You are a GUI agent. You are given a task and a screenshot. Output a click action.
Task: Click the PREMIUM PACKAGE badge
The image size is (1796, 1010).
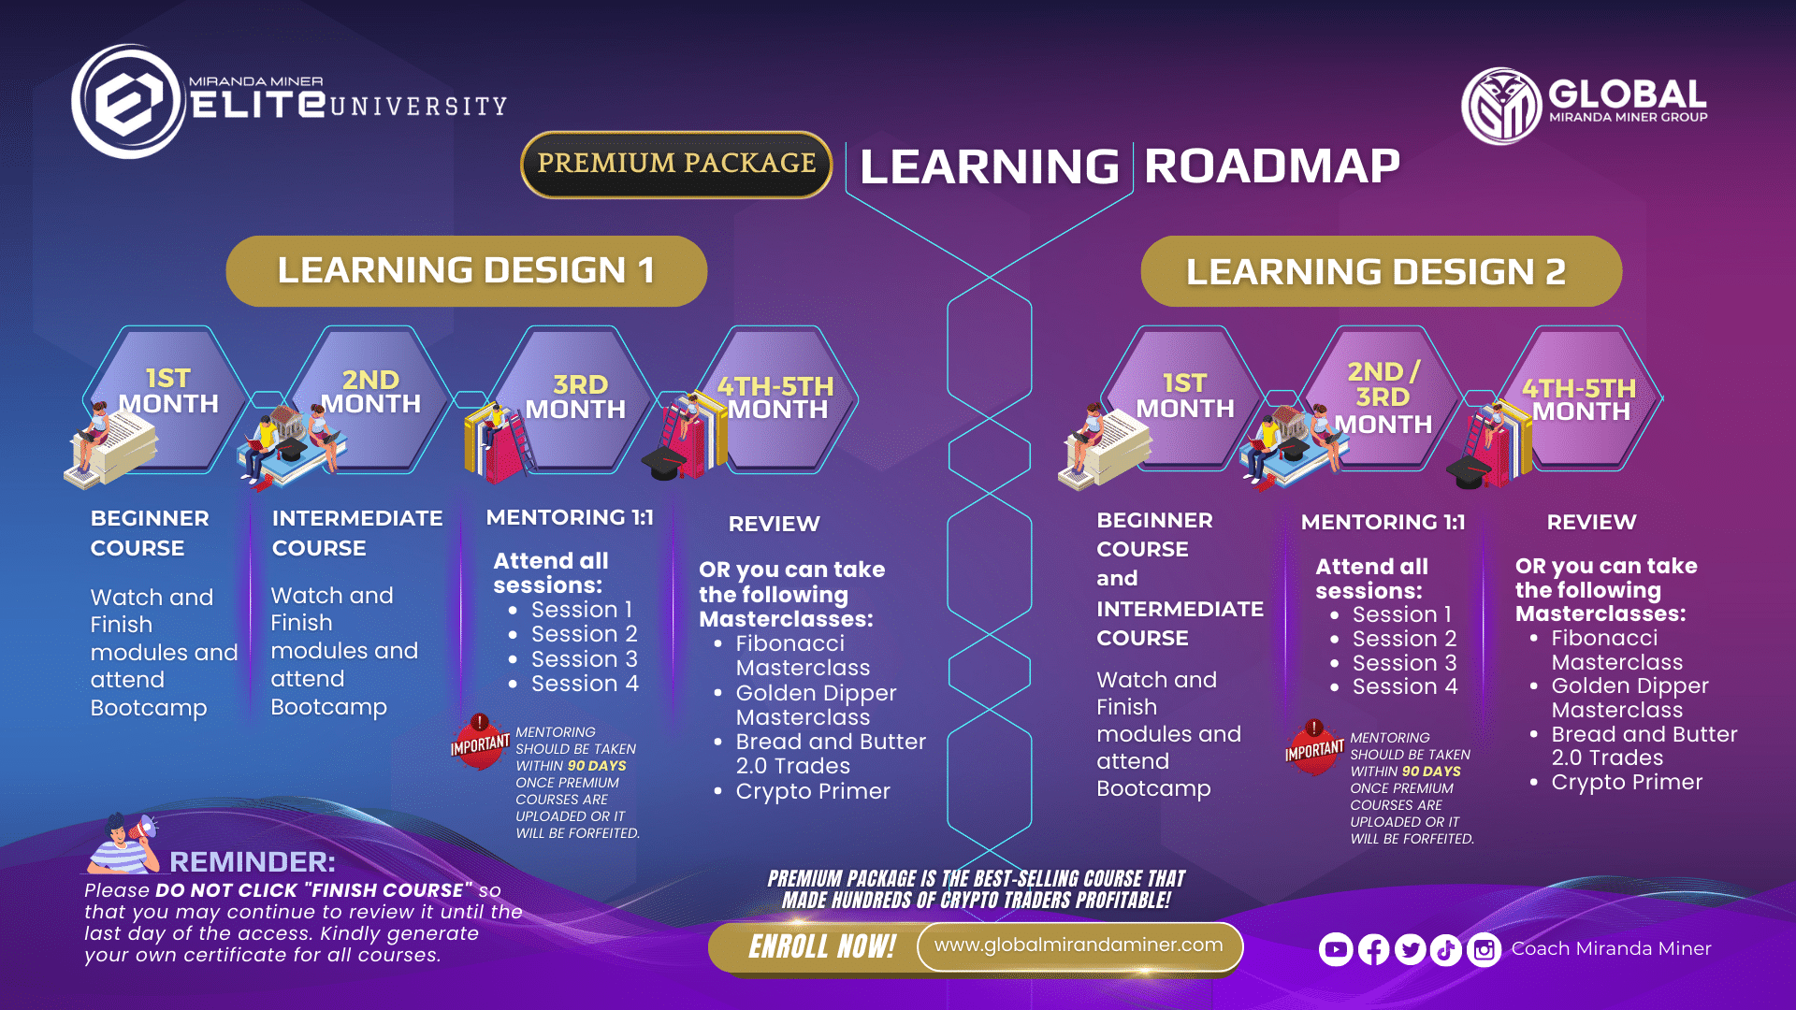click(x=676, y=165)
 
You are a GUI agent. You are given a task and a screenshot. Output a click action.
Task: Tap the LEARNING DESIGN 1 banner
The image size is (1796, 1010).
click(x=466, y=271)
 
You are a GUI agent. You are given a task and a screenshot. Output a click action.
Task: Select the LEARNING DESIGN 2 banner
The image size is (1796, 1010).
click(x=1381, y=271)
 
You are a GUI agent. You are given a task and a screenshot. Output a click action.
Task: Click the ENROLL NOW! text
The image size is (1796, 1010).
click(x=822, y=946)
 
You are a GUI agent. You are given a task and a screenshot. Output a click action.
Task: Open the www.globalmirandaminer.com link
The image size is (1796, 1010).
click(x=1079, y=945)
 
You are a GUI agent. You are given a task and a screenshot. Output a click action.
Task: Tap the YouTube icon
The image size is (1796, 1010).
click(x=1336, y=950)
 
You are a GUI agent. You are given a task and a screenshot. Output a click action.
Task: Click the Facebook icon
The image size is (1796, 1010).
click(x=1373, y=950)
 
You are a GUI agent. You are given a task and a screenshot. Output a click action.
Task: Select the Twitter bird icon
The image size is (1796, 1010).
click(x=1410, y=950)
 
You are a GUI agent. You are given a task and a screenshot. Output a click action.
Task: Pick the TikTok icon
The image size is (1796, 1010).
click(x=1446, y=950)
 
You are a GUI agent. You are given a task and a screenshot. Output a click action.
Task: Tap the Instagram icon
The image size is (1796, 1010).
click(x=1484, y=950)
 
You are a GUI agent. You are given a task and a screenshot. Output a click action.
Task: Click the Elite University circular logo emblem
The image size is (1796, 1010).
click(x=128, y=101)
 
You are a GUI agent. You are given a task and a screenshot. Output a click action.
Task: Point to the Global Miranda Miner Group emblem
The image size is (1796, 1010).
click(x=1501, y=106)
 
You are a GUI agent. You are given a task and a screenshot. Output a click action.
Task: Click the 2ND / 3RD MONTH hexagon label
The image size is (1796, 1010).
click(x=1383, y=398)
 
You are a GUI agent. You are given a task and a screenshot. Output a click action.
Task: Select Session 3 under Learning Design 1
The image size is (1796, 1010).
click(x=584, y=659)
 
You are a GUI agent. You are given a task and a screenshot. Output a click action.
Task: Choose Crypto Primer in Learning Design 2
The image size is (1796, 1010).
click(x=1627, y=783)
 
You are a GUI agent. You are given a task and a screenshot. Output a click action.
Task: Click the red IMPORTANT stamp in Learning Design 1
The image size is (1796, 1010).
click(x=480, y=743)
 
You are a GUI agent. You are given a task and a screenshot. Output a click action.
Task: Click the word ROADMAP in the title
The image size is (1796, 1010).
click(x=1272, y=166)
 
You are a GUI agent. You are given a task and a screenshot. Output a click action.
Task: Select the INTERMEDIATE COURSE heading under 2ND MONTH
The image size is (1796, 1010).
click(x=357, y=533)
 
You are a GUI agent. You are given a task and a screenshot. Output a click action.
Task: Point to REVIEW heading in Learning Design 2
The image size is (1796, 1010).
click(x=1591, y=522)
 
